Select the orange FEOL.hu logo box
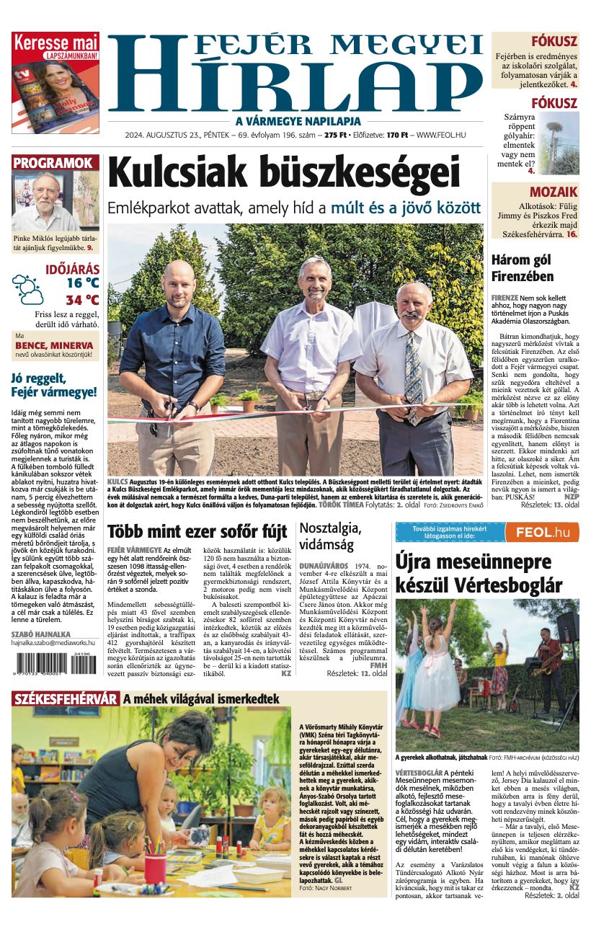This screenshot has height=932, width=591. click(541, 532)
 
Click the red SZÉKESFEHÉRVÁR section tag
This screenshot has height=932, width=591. click(65, 698)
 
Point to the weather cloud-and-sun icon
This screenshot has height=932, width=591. click(27, 288)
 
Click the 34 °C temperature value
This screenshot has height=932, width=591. click(82, 300)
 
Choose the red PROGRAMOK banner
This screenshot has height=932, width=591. click(55, 163)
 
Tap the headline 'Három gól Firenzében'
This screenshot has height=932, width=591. click(523, 268)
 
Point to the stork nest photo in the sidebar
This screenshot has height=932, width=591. click(557, 142)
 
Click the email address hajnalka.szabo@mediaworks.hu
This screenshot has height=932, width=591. click(53, 642)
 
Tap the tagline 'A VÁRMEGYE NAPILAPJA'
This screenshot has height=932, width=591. click(298, 121)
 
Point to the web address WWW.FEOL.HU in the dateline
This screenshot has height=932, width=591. click(441, 135)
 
